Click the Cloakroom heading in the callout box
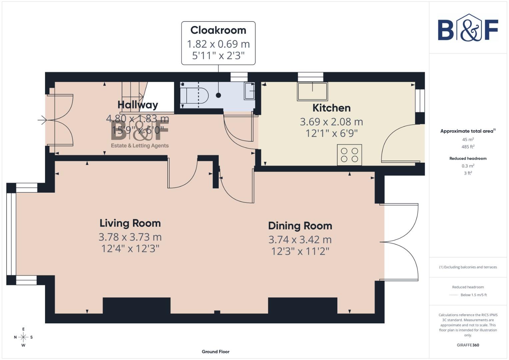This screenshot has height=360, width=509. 218,30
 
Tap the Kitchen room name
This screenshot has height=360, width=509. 331,108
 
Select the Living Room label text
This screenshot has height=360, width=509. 130,223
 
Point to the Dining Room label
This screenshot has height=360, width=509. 300,226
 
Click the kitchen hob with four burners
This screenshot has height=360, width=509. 349,155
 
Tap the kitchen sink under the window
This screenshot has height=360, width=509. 312,91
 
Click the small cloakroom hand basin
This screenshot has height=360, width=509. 249,91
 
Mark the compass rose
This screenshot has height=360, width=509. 23,337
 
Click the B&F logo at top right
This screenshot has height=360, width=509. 468,28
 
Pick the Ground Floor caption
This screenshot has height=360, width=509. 215,352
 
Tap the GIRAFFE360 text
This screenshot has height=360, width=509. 468,345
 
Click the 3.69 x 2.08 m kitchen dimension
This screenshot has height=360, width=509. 331,122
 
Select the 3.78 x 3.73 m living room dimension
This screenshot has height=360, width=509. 130,237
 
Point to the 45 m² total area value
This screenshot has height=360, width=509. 468,140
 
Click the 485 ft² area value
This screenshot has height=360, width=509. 468,147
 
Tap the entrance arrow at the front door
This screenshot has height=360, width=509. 42,120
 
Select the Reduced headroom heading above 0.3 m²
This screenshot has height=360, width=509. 468,158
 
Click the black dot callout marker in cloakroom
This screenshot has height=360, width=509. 218,95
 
